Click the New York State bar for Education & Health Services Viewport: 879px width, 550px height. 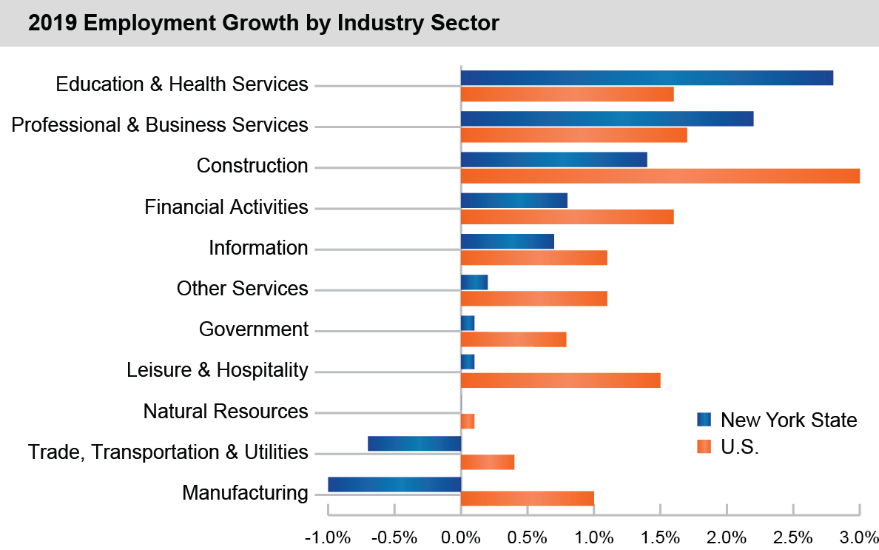pyautogui.click(x=647, y=78)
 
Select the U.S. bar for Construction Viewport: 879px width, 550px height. pyautogui.click(x=660, y=175)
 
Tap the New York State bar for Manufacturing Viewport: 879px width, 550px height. pyautogui.click(x=394, y=484)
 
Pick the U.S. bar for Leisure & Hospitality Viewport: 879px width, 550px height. pyautogui.click(x=560, y=380)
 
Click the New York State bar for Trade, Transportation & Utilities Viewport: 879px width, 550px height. pyautogui.click(x=414, y=443)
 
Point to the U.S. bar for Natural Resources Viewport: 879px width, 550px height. pyautogui.click(x=468, y=421)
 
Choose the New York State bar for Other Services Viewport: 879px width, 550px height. pyautogui.click(x=474, y=282)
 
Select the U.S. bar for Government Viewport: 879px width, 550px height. pyautogui.click(x=513, y=339)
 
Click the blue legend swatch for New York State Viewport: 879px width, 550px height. pyautogui.click(x=704, y=420)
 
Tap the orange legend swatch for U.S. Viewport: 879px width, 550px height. pyautogui.click(x=704, y=446)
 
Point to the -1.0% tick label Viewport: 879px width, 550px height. pyautogui.click(x=327, y=535)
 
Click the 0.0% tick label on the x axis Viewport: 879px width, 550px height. pyautogui.click(x=461, y=535)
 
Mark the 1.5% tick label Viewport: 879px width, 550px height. pyautogui.click(x=660, y=535)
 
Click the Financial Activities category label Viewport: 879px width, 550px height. pyautogui.click(x=226, y=207)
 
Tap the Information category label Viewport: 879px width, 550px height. pyautogui.click(x=258, y=247)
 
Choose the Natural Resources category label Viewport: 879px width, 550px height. pyautogui.click(x=226, y=411)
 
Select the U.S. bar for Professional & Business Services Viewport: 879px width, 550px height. pyautogui.click(x=573, y=135)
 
